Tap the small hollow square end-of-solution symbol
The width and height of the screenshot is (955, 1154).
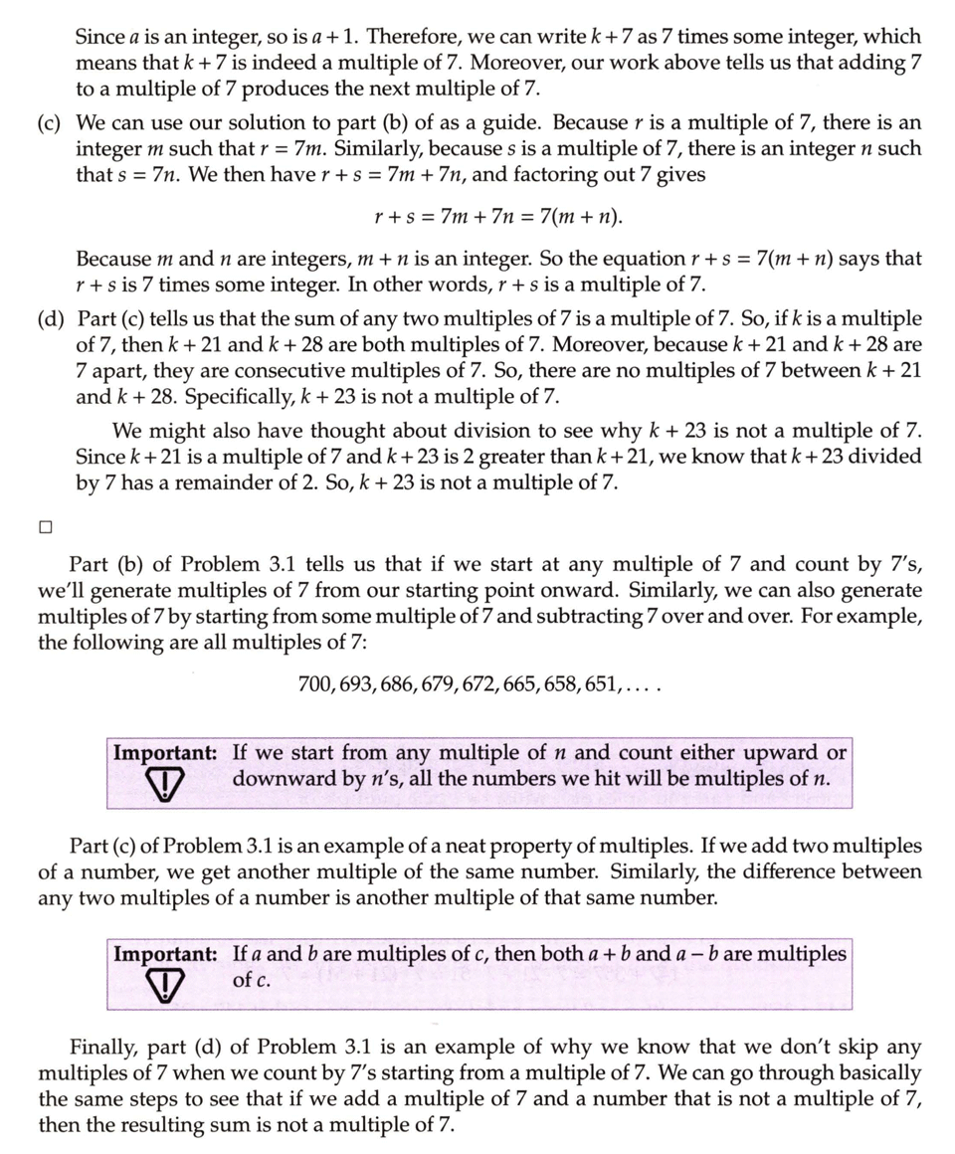[x=47, y=527]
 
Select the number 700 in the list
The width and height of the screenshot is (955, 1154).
[x=315, y=685]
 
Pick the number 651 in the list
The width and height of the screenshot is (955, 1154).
[x=603, y=685]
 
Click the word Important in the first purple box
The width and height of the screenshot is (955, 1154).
[x=165, y=753]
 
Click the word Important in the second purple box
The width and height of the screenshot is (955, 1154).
[x=165, y=953]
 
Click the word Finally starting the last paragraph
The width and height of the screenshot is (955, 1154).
[x=103, y=1048]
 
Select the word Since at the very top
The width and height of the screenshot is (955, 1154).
[x=99, y=37]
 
